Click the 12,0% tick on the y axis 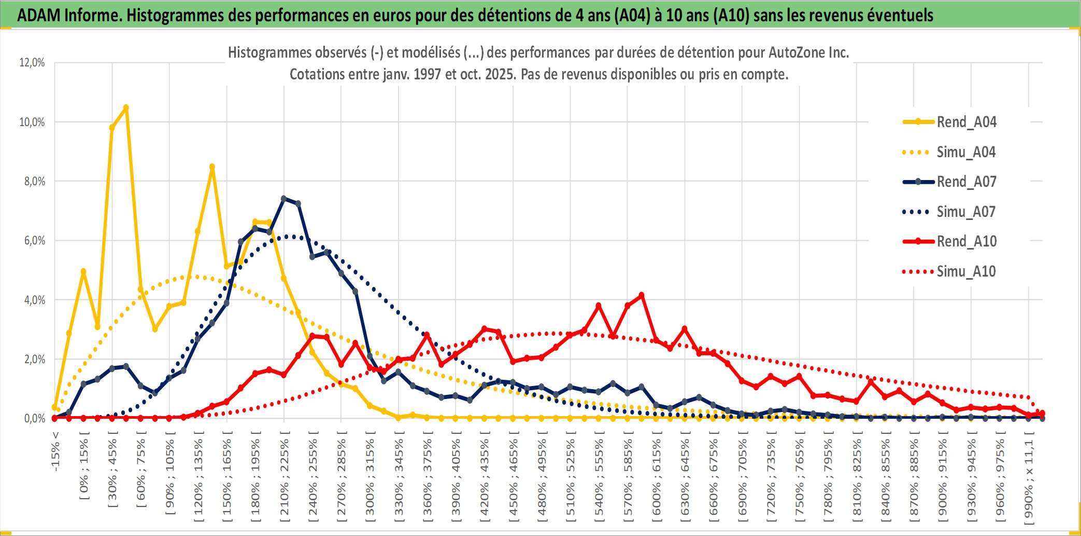click(32, 63)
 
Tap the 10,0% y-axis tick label click(32, 122)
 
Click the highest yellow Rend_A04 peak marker click(126, 108)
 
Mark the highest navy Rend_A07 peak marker click(283, 199)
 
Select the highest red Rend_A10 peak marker click(642, 295)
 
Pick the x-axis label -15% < click(55, 451)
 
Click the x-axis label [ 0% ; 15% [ click(84, 470)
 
